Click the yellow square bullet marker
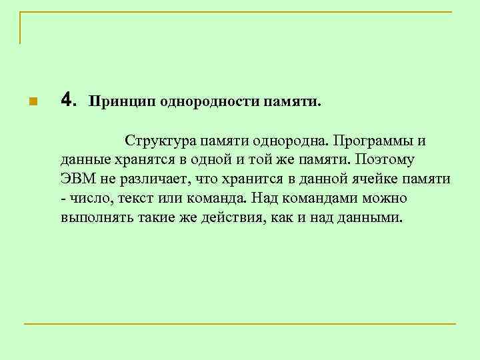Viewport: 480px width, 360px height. coord(31,102)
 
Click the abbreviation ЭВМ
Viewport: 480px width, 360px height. coord(76,180)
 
